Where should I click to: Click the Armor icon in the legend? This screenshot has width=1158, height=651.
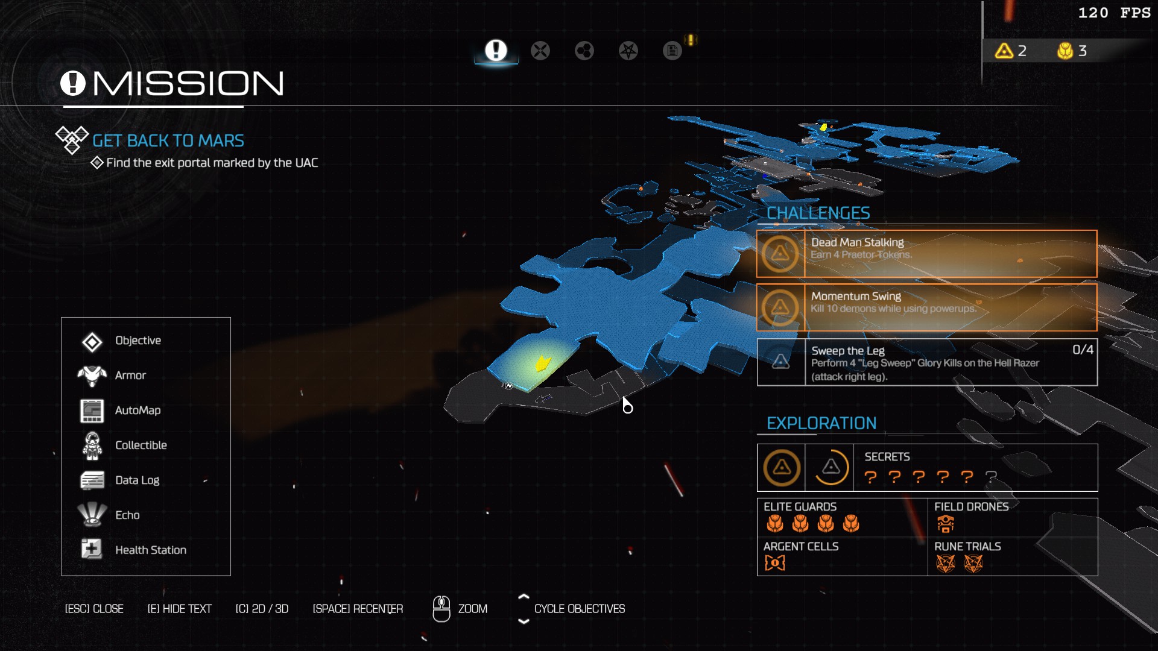[92, 376]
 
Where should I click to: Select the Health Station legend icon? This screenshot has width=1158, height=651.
[92, 549]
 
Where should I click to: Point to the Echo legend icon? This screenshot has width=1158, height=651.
[92, 514]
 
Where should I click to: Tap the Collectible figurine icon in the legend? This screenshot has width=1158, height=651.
[92, 445]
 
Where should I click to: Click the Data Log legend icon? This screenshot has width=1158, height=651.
[92, 480]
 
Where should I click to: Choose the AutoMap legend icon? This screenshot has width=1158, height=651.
[92, 410]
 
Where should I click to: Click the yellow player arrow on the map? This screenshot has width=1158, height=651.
[543, 363]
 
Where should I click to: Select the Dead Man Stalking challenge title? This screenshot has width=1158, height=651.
[857, 242]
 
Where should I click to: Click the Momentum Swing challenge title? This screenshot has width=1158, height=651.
[856, 296]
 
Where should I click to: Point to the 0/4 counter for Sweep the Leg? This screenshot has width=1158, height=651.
[1082, 350]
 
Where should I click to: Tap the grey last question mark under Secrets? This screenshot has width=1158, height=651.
[991, 477]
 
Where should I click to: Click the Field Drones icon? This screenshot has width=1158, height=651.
[945, 524]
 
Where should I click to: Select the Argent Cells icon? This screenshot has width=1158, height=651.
[774, 563]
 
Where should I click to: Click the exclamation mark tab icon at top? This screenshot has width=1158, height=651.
[496, 51]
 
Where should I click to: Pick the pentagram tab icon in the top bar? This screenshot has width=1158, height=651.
[628, 51]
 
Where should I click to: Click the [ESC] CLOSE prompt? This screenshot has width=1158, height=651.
[94, 609]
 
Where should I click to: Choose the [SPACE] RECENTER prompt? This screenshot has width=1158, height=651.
[358, 609]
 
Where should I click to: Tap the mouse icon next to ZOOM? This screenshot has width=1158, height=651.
[441, 609]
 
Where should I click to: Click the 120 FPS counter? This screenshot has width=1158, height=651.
[1114, 13]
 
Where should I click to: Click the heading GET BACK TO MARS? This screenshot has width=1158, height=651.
[168, 141]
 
